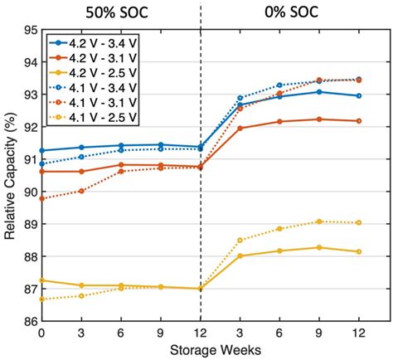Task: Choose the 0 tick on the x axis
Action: point(41,333)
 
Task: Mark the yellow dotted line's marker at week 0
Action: point(41,299)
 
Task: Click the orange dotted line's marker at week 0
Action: point(41,198)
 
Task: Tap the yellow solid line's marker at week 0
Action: point(41,280)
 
